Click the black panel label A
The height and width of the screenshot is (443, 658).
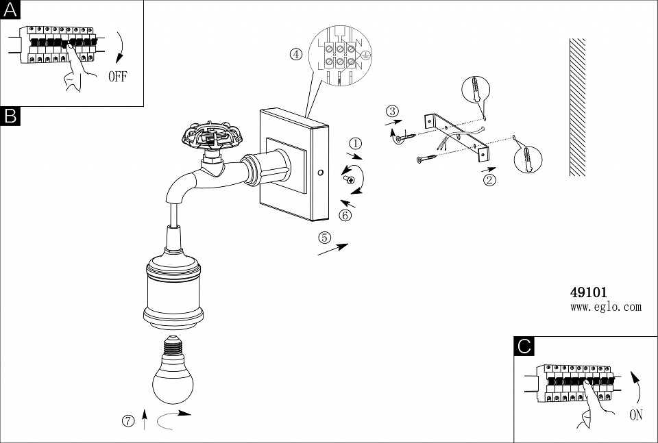10,10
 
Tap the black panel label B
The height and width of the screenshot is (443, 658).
10,116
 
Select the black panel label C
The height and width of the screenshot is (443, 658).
524,346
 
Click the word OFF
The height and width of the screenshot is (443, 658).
117,76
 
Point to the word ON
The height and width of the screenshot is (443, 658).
636,414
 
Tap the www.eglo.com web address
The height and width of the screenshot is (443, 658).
605,307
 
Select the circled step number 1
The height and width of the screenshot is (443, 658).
355,143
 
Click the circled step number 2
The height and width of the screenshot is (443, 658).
489,181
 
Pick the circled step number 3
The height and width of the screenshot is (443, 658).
391,111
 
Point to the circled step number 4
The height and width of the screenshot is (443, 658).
296,55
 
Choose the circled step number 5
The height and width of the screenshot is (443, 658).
325,238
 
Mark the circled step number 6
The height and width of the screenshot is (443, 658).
345,215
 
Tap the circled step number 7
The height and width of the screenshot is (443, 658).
128,420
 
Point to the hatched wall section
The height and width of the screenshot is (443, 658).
577,106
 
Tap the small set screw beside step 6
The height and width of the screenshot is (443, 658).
350,179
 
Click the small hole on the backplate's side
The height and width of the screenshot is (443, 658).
321,173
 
